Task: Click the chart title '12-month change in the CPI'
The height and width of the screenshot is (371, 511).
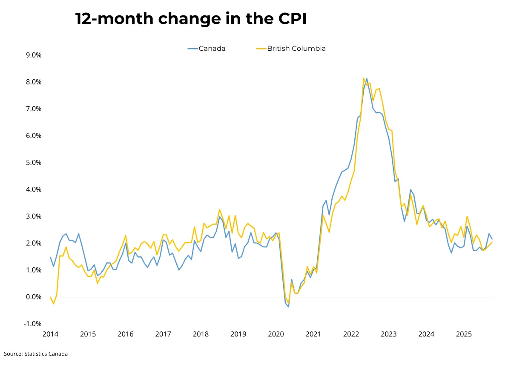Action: pyautogui.click(x=191, y=19)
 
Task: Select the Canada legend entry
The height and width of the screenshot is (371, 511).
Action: pyautogui.click(x=207, y=49)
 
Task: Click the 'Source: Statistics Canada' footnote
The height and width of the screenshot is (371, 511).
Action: pyautogui.click(x=36, y=354)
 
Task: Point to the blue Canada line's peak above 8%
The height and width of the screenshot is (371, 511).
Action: pyautogui.click(x=367, y=78)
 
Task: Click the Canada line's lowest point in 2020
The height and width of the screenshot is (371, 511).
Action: pyautogui.click(x=288, y=307)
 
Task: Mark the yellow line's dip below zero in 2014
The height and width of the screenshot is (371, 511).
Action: pyautogui.click(x=54, y=304)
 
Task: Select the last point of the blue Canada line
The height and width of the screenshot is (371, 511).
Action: pyautogui.click(x=492, y=239)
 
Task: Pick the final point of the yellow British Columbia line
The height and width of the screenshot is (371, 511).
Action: pyautogui.click(x=492, y=242)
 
